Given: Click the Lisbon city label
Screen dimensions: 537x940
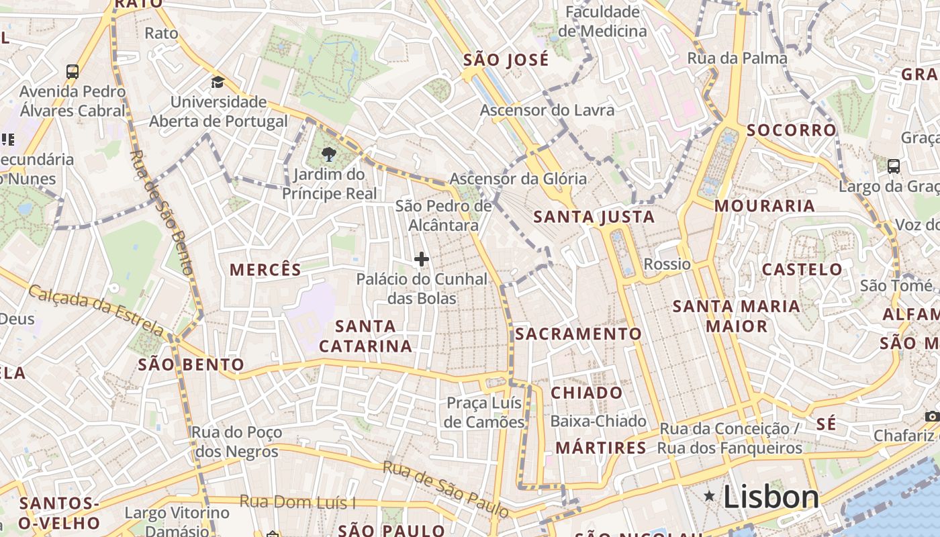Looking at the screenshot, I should (771, 497).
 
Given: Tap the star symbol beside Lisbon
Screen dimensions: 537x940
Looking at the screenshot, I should (709, 496).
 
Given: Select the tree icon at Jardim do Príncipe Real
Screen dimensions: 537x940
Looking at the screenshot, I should (328, 155).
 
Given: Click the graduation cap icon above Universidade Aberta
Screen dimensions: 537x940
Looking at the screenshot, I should (218, 83).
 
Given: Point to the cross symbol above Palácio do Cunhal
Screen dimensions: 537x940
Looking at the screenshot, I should (422, 259).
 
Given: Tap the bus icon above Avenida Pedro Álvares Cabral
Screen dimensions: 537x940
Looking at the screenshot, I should (72, 71).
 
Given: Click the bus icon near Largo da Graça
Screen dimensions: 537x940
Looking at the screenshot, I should (893, 166).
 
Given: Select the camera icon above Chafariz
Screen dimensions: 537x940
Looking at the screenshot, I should (931, 417).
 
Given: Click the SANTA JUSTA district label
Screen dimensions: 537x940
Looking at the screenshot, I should (594, 217).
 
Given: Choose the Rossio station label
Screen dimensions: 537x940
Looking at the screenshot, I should (667, 264).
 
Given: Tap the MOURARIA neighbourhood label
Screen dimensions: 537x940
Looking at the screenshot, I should (764, 205).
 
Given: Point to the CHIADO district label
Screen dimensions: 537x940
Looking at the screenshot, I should (586, 393).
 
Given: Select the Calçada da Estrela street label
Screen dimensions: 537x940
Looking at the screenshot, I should (96, 309).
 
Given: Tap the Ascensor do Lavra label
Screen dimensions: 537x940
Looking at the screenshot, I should (547, 110).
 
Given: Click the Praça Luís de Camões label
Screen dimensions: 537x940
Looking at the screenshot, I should (485, 412).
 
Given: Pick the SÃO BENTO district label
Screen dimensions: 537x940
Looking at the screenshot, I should (191, 365).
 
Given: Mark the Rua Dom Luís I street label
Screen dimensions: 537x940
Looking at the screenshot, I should (297, 502).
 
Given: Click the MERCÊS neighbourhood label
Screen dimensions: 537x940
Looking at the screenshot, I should (265, 270).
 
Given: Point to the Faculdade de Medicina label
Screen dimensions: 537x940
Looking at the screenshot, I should (602, 21).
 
